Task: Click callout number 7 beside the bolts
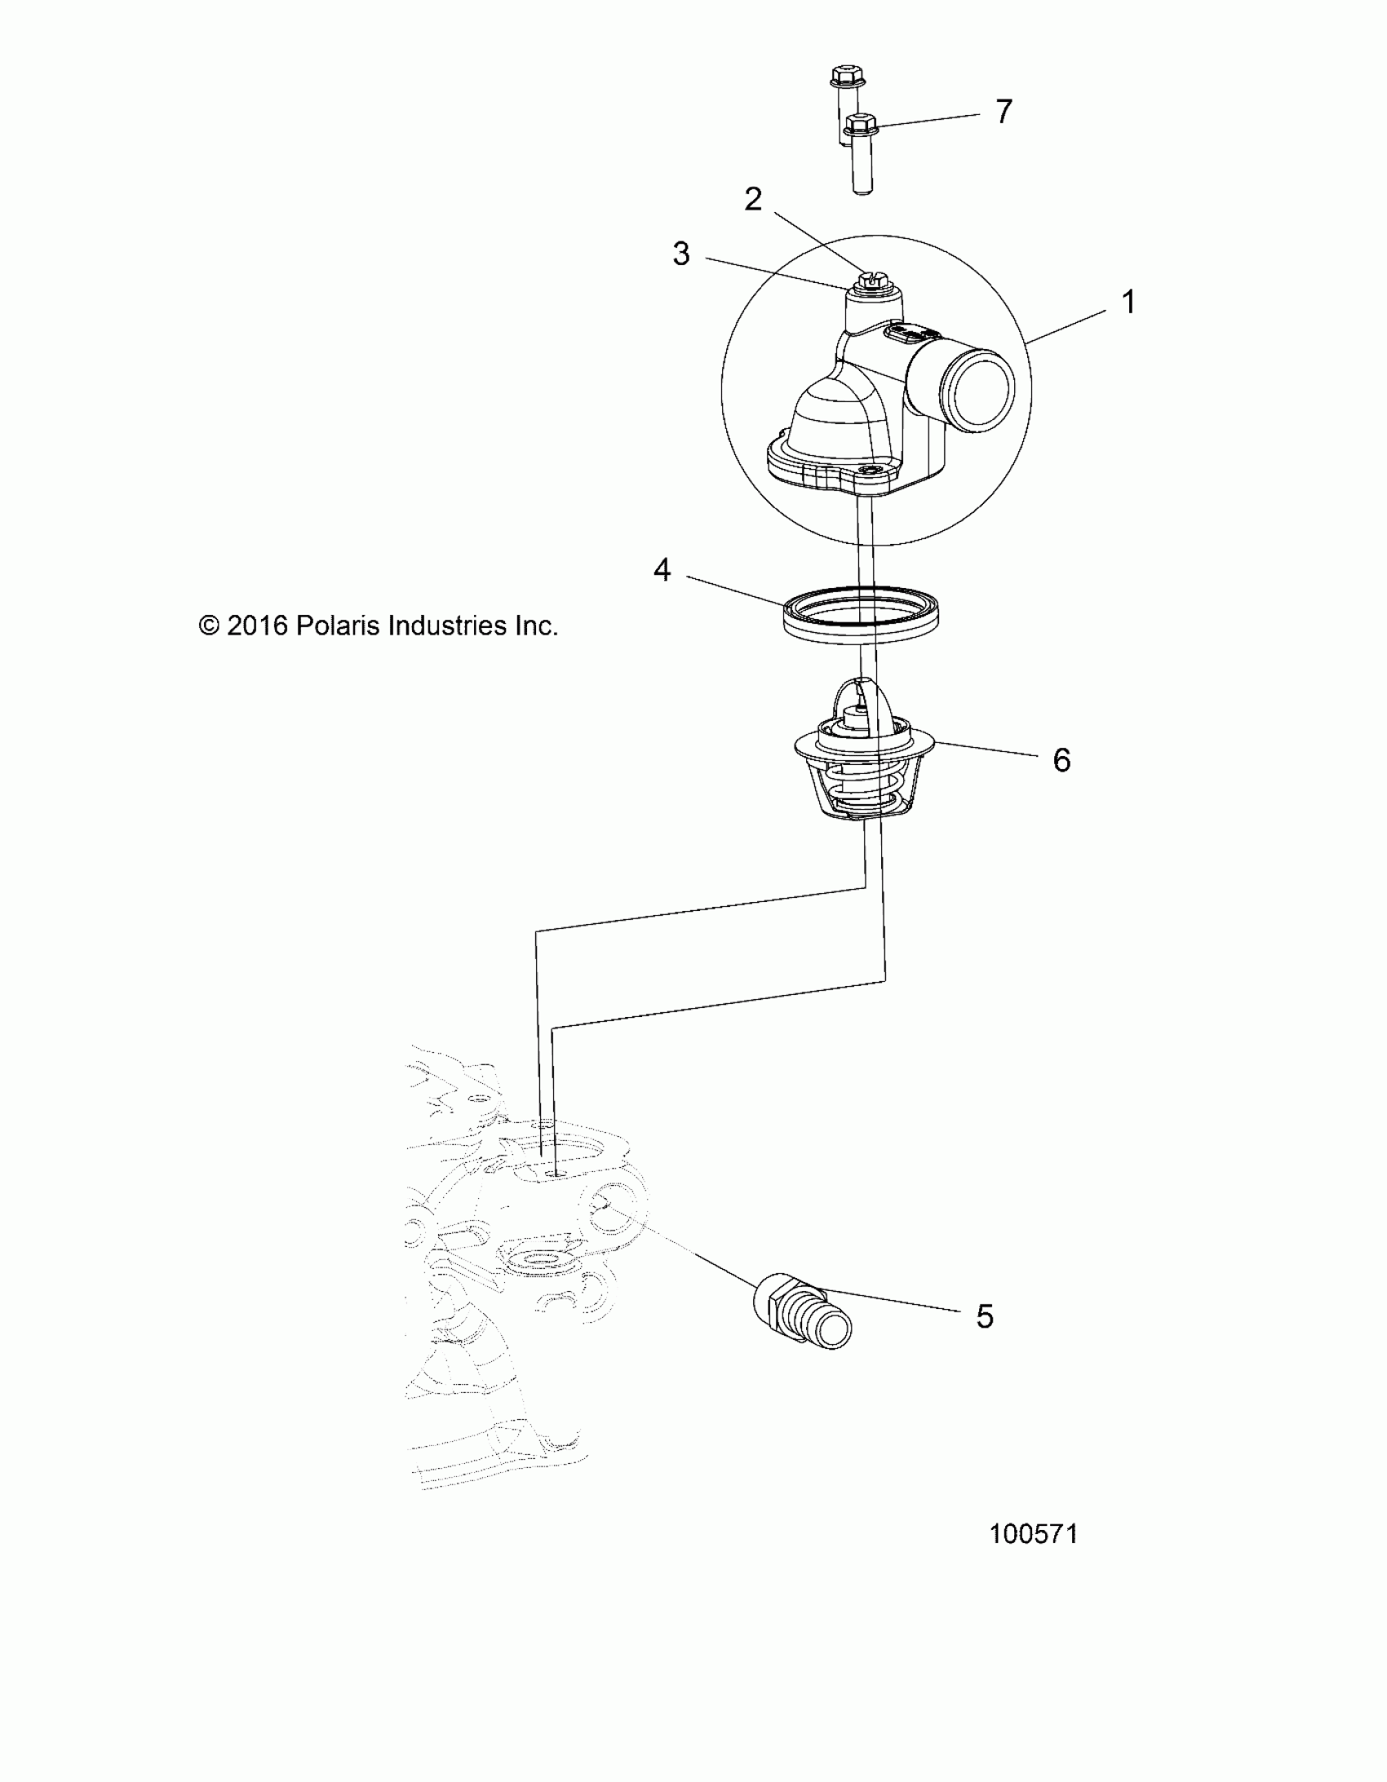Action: (1004, 111)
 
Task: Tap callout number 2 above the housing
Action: (753, 199)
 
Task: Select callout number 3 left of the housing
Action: (680, 254)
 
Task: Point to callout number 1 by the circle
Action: (1129, 303)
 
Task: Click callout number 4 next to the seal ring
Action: (662, 569)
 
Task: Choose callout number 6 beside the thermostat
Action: (1061, 760)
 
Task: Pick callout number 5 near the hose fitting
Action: (985, 1316)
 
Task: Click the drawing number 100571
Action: (1034, 1534)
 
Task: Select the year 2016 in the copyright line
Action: (257, 626)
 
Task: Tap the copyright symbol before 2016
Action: (210, 626)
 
